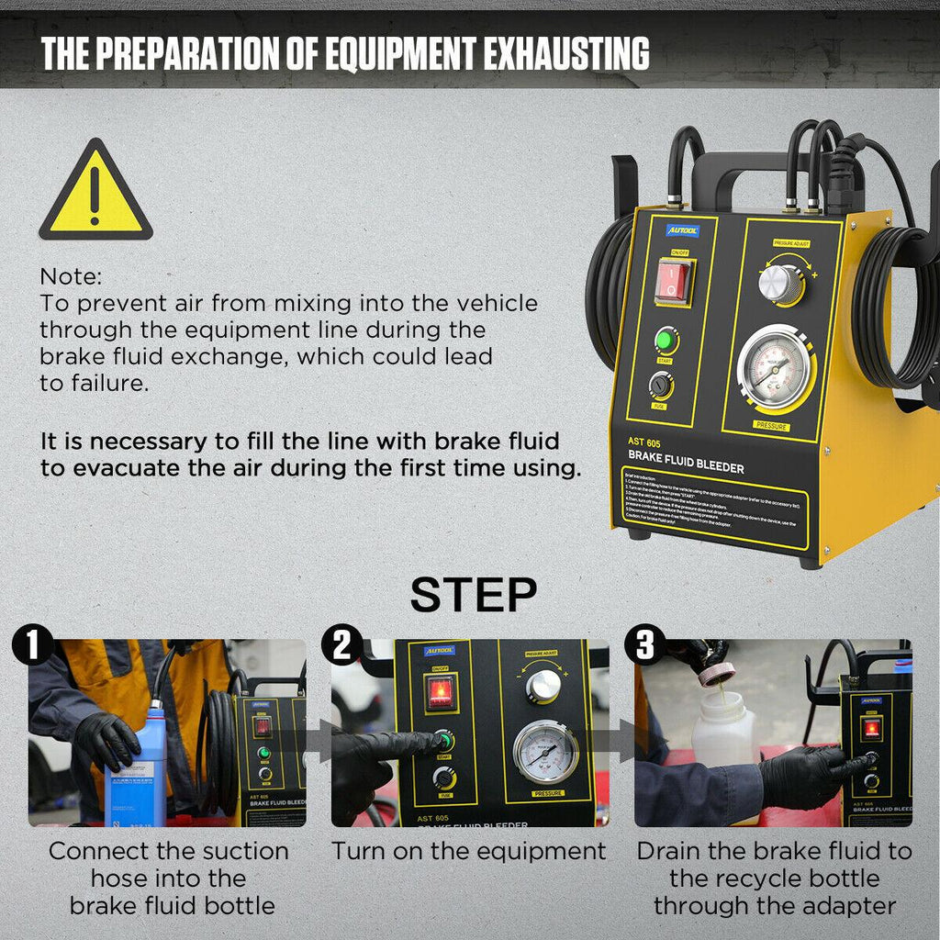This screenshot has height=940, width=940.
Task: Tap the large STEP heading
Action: click(473, 595)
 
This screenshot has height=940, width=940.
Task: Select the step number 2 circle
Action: click(341, 645)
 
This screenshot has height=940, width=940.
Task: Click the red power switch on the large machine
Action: click(675, 281)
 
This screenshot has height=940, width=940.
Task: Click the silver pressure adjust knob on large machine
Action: click(780, 285)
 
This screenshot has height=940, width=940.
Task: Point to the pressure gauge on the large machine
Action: click(775, 369)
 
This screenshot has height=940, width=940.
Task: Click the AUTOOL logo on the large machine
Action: click(682, 230)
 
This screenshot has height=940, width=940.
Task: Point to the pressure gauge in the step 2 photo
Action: click(546, 751)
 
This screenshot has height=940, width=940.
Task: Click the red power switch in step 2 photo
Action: click(441, 693)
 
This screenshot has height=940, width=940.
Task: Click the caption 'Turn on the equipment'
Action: click(468, 851)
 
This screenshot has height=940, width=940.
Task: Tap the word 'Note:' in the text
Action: click(72, 276)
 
